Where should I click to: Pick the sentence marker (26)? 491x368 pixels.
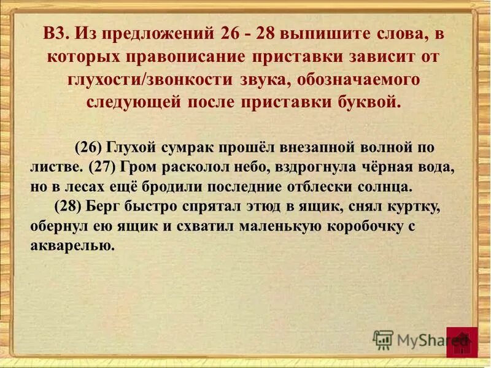[88, 148]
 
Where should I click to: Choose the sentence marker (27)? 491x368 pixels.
[104, 166]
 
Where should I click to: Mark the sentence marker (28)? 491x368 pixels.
[69, 205]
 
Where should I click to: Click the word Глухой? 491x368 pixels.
[131, 148]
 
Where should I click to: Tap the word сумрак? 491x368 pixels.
[184, 148]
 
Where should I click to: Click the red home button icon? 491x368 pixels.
[462, 342]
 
